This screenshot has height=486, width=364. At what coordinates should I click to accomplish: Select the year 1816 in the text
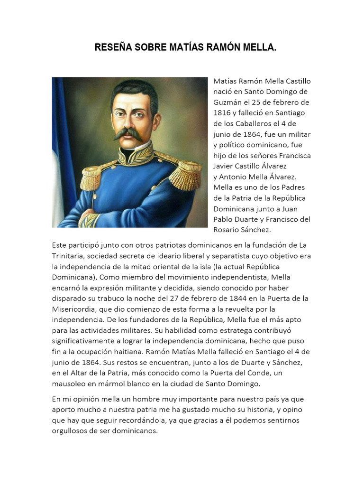tap(223, 112)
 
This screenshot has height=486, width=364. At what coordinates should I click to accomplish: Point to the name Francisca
tap(295, 155)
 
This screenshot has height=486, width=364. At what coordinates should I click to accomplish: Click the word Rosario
tap(228, 230)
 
